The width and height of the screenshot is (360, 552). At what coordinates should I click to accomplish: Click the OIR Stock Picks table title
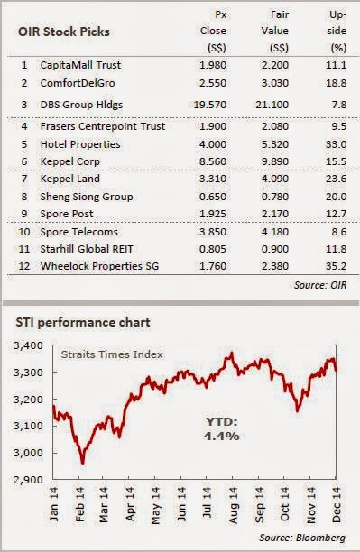click(x=64, y=32)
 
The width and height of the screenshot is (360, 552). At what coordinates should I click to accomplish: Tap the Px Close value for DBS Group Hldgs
click(x=210, y=105)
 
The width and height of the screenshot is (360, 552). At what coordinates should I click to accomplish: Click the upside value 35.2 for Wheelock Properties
click(x=336, y=266)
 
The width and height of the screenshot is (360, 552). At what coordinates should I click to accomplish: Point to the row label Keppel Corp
click(x=70, y=161)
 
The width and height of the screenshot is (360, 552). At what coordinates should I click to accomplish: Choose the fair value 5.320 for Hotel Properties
click(x=275, y=144)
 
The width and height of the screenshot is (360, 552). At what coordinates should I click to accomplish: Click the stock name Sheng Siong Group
click(x=87, y=197)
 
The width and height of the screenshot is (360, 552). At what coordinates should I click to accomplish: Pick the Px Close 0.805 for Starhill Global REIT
click(x=213, y=249)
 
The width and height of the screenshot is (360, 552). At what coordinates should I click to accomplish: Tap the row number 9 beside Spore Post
click(x=24, y=214)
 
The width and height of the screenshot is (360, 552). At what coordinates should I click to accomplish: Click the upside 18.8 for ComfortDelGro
click(x=336, y=83)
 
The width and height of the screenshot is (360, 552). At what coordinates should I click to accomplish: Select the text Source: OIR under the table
click(x=320, y=285)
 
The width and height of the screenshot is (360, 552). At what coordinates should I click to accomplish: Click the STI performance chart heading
click(x=83, y=322)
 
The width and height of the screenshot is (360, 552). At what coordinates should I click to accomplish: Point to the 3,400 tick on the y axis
click(x=28, y=345)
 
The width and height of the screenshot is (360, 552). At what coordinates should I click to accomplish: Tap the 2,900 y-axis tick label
click(x=28, y=480)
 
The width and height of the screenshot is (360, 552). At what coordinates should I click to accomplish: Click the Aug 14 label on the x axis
click(x=233, y=504)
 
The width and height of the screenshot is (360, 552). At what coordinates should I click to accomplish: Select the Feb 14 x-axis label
click(x=79, y=504)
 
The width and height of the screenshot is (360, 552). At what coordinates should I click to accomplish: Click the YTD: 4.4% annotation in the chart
click(x=222, y=428)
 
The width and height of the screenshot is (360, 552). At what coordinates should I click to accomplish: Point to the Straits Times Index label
click(x=112, y=354)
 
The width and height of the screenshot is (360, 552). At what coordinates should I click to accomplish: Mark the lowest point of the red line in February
click(x=83, y=464)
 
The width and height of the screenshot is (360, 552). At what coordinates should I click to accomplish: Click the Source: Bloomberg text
click(x=302, y=538)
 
